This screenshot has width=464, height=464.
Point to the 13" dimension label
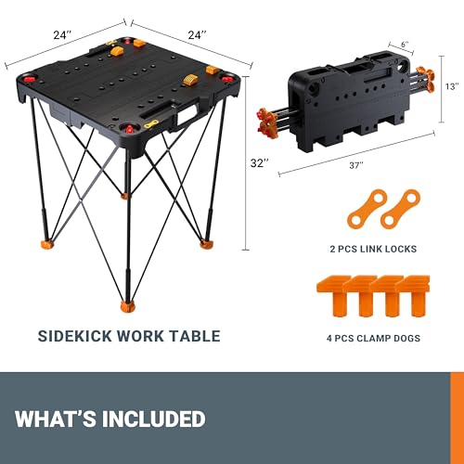pos(452,86)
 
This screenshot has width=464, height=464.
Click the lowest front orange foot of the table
pos(124,304)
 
